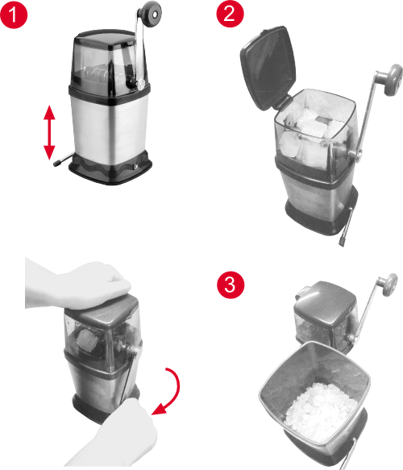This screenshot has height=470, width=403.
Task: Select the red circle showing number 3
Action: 230,285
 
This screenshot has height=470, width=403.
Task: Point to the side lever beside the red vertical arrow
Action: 60,162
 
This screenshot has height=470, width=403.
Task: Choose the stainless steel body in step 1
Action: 109,121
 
